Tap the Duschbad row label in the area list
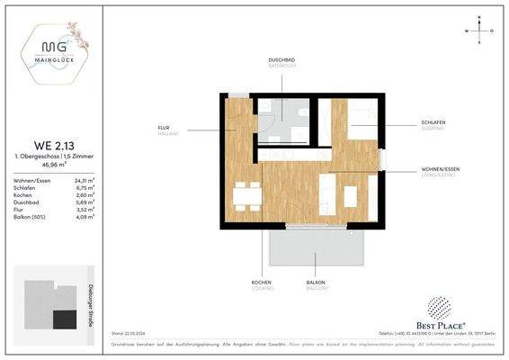coord(26,203)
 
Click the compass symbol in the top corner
coord(482,31)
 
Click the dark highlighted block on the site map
coord(65,318)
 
